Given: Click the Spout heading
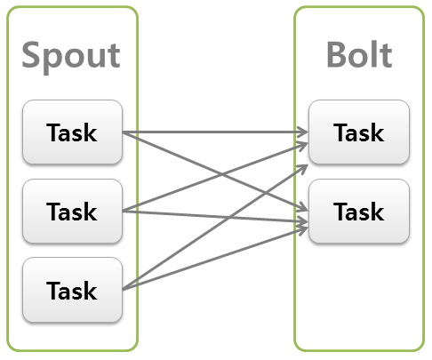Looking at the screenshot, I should click(71, 55).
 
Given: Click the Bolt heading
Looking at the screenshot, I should click(359, 55).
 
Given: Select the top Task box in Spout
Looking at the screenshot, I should click(72, 133).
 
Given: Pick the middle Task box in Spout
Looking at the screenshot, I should click(72, 211).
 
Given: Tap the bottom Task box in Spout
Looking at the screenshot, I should click(72, 289).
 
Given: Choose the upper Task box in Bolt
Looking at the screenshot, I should click(359, 132).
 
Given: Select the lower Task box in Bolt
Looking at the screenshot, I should click(359, 211).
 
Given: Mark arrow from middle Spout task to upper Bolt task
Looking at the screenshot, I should click(178, 194).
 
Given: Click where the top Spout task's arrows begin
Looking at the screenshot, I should click(123, 133).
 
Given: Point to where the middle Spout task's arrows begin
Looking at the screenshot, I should click(123, 211).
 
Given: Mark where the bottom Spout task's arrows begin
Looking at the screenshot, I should click(123, 289).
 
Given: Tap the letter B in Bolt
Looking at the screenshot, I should click(337, 55).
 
